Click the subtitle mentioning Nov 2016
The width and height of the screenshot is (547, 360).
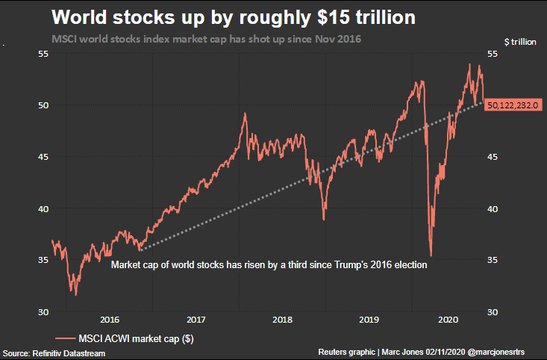(x=206, y=38)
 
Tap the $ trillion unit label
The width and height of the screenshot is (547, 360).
(x=520, y=43)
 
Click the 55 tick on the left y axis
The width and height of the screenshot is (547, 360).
(x=43, y=55)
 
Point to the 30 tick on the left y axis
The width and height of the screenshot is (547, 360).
(x=43, y=311)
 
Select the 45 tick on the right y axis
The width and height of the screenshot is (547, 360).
(x=493, y=157)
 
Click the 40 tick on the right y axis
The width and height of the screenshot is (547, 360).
(x=493, y=208)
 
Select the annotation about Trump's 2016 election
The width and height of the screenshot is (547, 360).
(x=268, y=264)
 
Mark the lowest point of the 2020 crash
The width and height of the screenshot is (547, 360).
(x=431, y=255)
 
